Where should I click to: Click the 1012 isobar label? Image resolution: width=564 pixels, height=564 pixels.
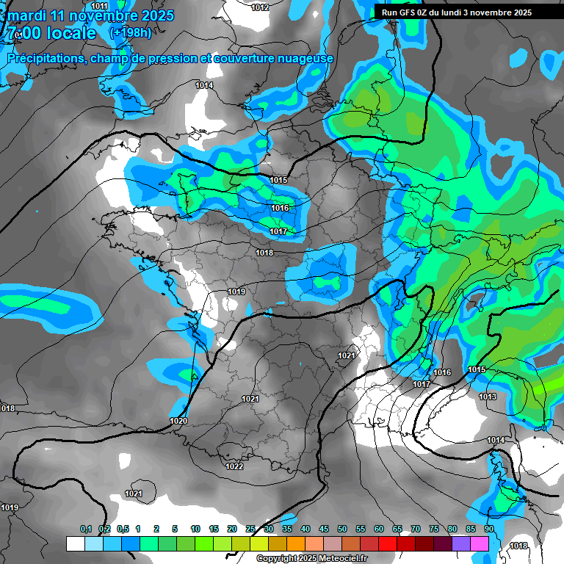pyautogui.click(x=260, y=7)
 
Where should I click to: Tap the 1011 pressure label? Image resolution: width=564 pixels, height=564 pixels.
pyautogui.click(x=100, y=7)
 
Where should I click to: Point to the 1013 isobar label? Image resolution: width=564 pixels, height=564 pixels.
pyautogui.click(x=488, y=397)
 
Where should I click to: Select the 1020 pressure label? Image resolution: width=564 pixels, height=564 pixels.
pyautogui.click(x=178, y=421)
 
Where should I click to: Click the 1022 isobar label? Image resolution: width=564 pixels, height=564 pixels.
pyautogui.click(x=234, y=466)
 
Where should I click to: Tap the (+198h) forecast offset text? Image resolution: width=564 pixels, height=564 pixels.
pyautogui.click(x=131, y=33)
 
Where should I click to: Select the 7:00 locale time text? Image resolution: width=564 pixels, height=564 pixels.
pyautogui.click(x=51, y=33)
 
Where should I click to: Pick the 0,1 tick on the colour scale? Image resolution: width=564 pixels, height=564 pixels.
pyautogui.click(x=85, y=529)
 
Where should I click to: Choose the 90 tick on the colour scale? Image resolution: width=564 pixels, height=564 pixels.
pyautogui.click(x=488, y=529)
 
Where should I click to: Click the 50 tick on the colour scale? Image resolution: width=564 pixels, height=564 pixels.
pyautogui.click(x=342, y=529)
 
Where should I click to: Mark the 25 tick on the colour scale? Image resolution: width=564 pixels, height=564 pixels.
pyautogui.click(x=250, y=529)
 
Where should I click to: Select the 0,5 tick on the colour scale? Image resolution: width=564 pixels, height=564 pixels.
pyautogui.click(x=123, y=529)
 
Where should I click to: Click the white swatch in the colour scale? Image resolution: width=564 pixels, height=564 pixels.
pyautogui.click(x=75, y=543)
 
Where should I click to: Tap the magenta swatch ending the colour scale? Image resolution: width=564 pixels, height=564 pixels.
pyautogui.click(x=480, y=543)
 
